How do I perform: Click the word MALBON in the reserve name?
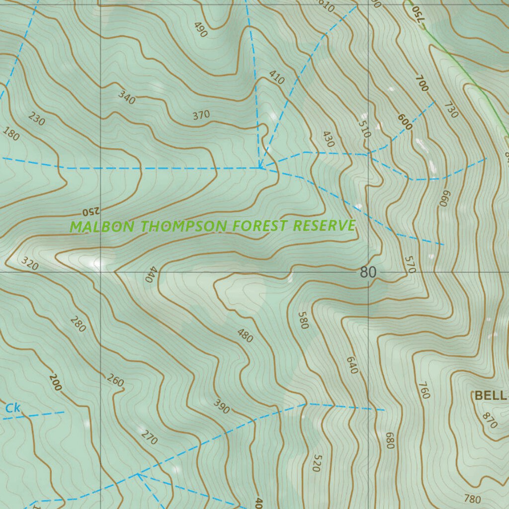point(102,227)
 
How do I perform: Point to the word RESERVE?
point(324,226)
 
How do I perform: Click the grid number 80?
point(368,272)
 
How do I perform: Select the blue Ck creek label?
point(13,409)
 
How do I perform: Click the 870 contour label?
point(490,421)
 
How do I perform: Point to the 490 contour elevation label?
point(201,30)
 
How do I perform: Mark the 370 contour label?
point(201,115)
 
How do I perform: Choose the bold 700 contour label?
point(422,83)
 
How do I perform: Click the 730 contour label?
point(451,110)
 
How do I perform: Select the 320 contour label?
point(30,264)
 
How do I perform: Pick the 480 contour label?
point(245,336)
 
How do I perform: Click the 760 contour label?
point(424,390)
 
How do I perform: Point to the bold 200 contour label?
point(55,382)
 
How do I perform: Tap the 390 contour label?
point(221,406)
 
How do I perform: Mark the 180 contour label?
point(11,134)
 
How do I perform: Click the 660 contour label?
point(444,199)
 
